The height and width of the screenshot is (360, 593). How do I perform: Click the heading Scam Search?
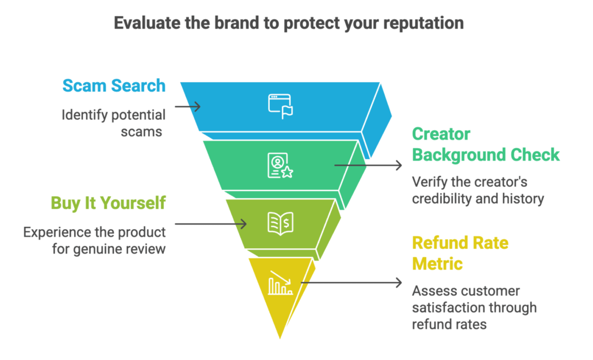click(x=114, y=86)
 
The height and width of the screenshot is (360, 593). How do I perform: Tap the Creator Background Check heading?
click(x=485, y=145)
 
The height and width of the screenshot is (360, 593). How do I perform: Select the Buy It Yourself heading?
click(x=108, y=203)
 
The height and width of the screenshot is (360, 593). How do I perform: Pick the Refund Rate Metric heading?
click(x=460, y=253)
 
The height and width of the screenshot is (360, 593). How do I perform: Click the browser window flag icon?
click(x=280, y=106)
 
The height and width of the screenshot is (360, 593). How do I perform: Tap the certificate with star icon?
click(x=280, y=166)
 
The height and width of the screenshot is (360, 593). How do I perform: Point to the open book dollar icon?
click(x=280, y=223)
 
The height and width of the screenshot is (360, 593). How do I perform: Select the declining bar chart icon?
click(x=280, y=283)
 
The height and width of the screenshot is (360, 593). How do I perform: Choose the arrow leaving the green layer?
click(x=368, y=166)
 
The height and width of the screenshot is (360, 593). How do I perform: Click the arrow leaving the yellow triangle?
click(x=351, y=282)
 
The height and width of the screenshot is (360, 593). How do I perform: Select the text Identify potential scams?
click(x=114, y=123)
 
